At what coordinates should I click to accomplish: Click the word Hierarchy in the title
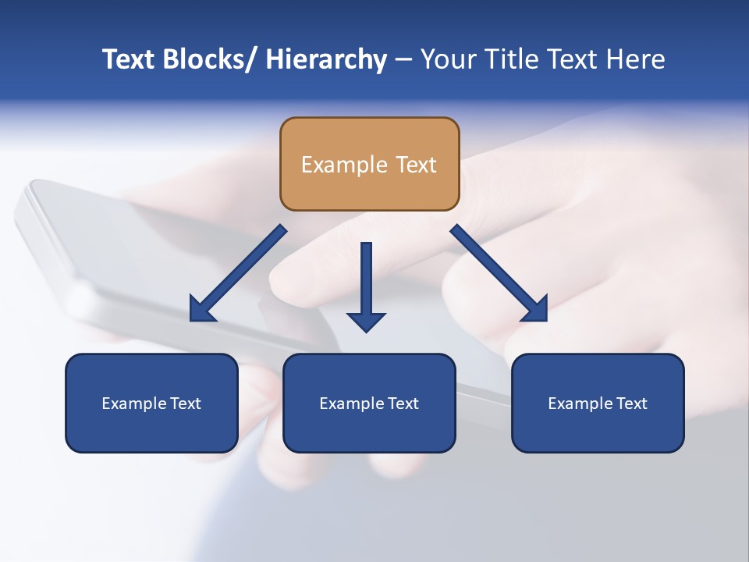[x=326, y=59]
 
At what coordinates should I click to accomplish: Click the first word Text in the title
[x=129, y=59]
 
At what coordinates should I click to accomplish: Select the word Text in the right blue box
[x=630, y=404]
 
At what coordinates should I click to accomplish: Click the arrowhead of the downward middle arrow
[x=366, y=322]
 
